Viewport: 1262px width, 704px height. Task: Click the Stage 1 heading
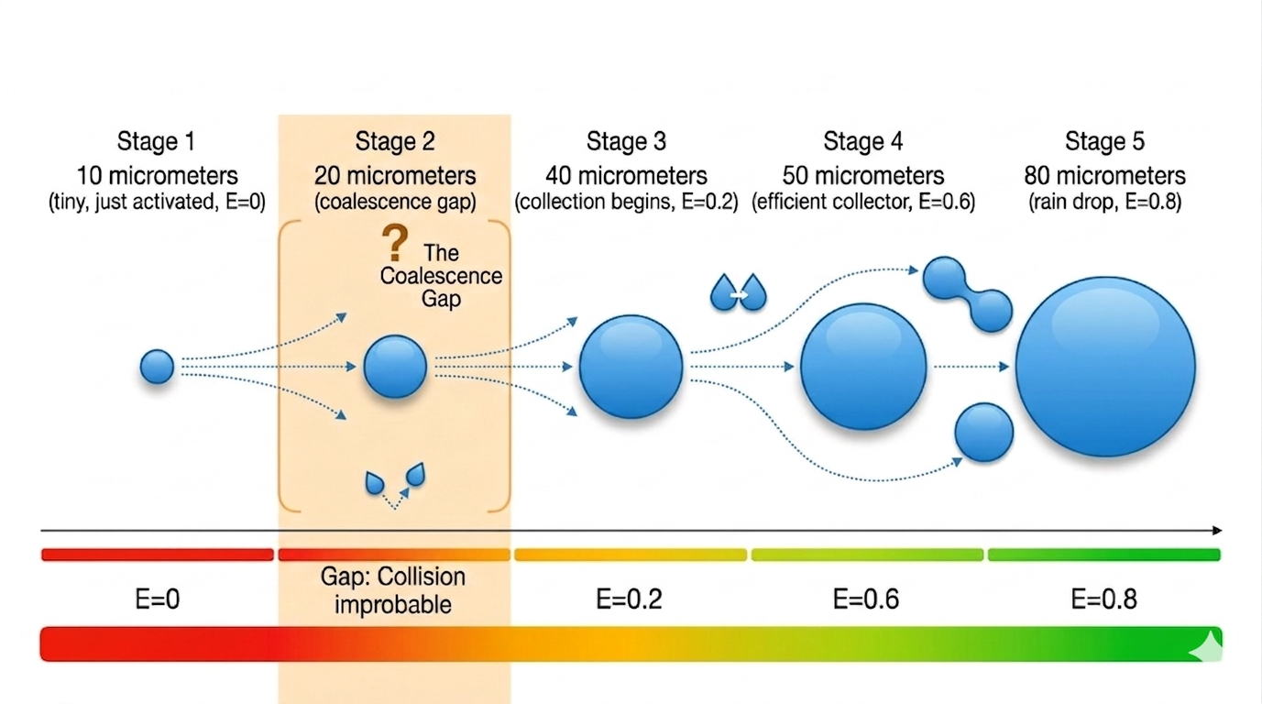coord(156,142)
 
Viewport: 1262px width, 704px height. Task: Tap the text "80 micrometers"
coord(1104,176)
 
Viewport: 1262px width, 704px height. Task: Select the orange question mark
coord(394,245)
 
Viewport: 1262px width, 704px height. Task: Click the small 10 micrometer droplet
coord(157,367)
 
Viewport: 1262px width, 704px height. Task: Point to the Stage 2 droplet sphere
coord(395,367)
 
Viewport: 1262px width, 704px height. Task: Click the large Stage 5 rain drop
coord(1105,367)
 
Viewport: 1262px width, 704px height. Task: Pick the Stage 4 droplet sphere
coord(863,367)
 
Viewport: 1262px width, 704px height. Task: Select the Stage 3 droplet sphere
coord(631,367)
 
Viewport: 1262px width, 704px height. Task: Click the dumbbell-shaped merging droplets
coord(967,293)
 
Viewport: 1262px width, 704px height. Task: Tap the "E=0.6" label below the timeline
coord(865,599)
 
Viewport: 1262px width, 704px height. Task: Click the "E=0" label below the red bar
coord(156,599)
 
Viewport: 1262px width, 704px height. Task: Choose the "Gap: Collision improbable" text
coord(393,590)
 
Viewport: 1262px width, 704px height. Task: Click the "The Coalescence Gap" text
coord(441,276)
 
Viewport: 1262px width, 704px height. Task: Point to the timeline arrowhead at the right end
coord(1216,531)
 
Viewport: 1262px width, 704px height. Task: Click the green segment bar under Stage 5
coord(1103,555)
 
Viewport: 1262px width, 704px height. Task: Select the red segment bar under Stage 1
coord(157,555)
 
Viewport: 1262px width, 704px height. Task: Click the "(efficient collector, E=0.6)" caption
coord(863,203)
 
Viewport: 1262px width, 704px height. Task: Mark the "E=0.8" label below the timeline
coord(1103,599)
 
